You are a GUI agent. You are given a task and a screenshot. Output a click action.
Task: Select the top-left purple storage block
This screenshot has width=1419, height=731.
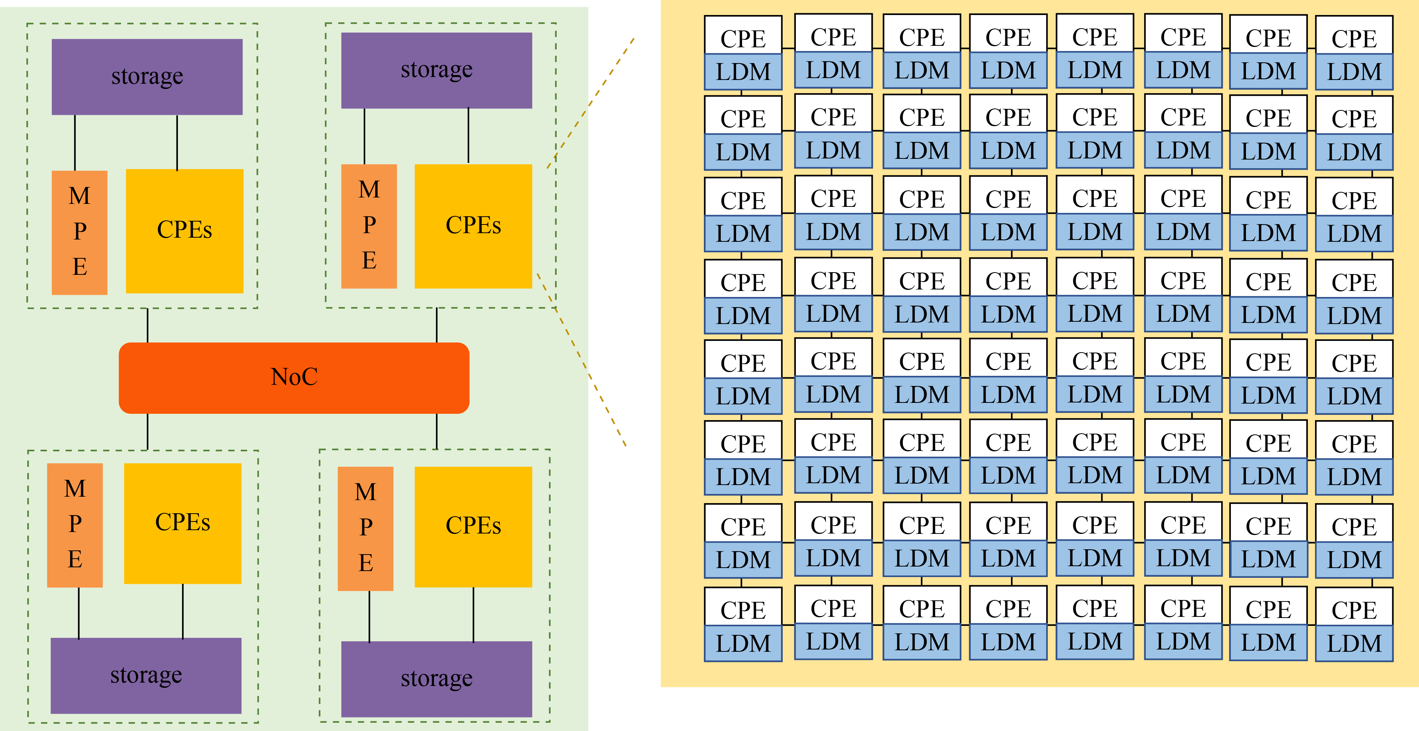147,77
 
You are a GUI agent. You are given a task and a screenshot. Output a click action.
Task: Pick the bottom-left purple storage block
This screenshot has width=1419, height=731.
146,675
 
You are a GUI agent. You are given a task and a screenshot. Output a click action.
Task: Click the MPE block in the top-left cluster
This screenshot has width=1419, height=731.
79,232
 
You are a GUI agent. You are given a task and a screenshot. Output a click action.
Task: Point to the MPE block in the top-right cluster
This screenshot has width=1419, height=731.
369,226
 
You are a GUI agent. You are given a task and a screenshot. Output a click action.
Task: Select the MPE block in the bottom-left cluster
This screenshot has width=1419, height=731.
75,525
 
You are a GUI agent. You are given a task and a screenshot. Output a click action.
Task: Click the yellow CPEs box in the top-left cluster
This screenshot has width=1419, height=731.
185,231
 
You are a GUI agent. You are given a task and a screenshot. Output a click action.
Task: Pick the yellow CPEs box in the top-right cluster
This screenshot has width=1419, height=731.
473,226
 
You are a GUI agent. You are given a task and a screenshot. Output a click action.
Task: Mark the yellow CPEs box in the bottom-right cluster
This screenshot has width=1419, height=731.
473,527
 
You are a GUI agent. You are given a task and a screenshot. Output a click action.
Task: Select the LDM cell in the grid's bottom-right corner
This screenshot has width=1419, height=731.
1354,643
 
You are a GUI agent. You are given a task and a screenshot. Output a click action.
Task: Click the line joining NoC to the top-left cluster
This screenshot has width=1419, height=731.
148,325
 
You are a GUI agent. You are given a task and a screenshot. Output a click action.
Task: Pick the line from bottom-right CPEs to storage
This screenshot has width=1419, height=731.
473,614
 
